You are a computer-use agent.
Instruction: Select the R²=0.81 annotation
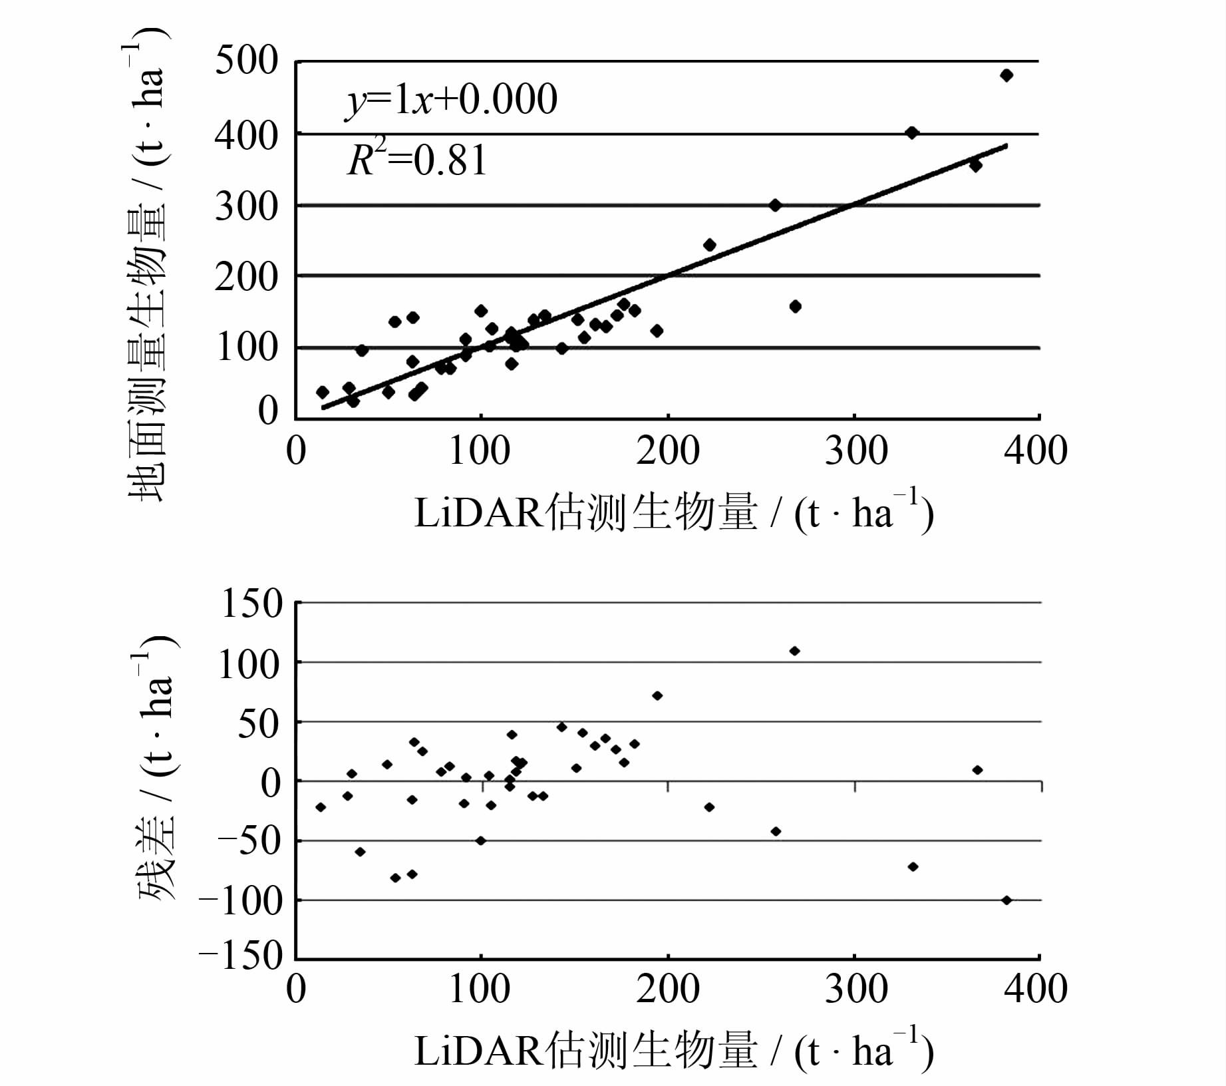tap(417, 160)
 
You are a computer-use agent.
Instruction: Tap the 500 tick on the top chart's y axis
tap(246, 61)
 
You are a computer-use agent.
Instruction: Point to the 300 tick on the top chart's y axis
tap(246, 206)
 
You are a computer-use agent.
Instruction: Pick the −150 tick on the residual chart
tap(241, 957)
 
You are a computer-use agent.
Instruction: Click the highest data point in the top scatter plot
tap(1006, 75)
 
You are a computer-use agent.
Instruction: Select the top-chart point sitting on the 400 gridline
tap(912, 133)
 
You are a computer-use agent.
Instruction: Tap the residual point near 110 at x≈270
tap(794, 651)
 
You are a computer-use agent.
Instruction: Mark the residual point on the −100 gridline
tap(1006, 900)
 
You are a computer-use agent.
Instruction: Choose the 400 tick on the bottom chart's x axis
tap(1036, 989)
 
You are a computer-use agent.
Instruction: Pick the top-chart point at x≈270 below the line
tap(795, 307)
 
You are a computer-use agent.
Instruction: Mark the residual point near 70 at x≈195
tap(657, 696)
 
